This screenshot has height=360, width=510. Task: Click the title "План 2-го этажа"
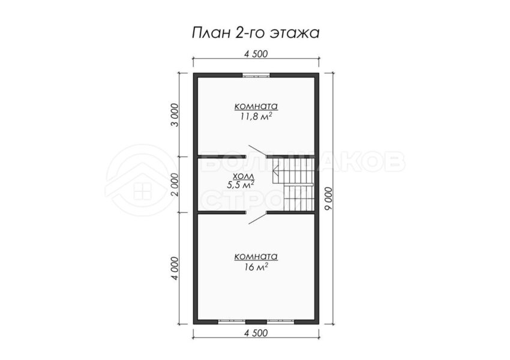click(256, 33)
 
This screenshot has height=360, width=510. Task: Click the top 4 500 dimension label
click(256, 53)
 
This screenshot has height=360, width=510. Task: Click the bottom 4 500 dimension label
click(256, 333)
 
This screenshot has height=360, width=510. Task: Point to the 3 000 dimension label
click(175, 115)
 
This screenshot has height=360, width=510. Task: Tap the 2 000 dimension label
click(175, 185)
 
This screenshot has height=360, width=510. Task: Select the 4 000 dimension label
click(175, 269)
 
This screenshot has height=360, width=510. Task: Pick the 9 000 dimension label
click(329, 199)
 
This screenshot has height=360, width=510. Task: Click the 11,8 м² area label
click(256, 116)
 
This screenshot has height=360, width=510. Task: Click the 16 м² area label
click(256, 267)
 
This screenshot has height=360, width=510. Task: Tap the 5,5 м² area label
click(241, 184)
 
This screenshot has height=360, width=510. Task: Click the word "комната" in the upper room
click(256, 106)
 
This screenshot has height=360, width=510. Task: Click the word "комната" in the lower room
click(256, 257)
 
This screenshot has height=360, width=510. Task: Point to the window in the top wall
click(256, 75)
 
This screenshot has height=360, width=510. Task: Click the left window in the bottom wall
click(231, 322)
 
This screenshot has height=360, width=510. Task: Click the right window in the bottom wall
click(281, 322)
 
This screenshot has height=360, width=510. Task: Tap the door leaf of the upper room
click(257, 151)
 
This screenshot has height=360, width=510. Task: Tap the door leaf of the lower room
click(257, 218)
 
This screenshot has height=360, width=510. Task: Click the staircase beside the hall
click(293, 184)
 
